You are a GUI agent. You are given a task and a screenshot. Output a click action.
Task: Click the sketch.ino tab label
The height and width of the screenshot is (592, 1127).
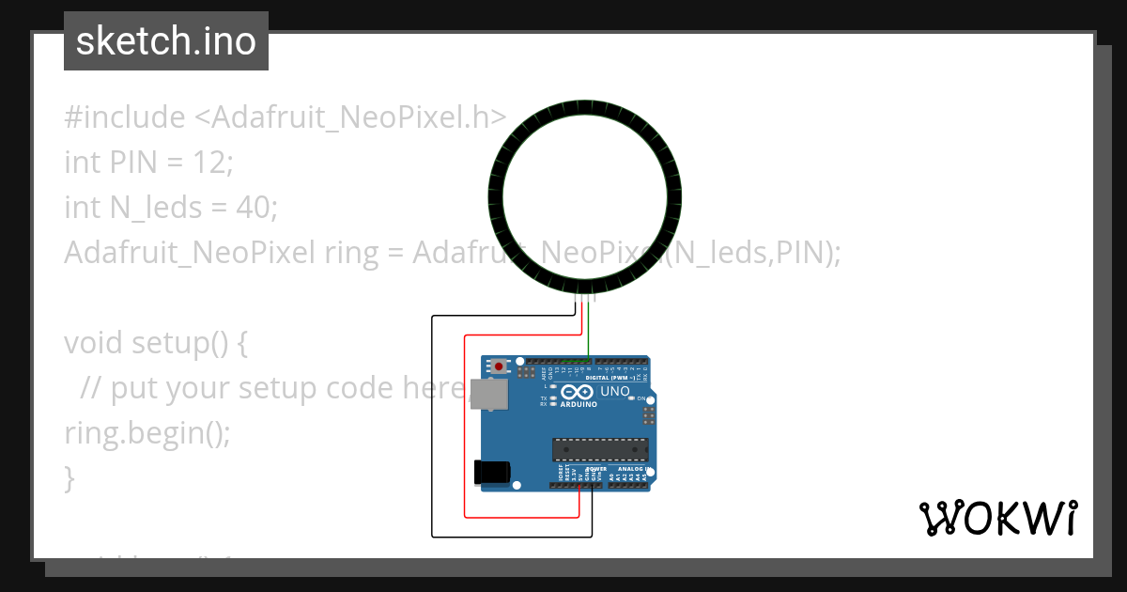(x=166, y=42)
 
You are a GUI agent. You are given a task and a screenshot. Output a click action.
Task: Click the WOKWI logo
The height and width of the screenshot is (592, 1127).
(x=998, y=518)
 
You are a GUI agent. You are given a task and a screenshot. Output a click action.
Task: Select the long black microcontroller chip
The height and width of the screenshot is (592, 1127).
(x=599, y=450)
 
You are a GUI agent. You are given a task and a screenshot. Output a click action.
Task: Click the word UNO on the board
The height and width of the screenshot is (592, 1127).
(x=615, y=391)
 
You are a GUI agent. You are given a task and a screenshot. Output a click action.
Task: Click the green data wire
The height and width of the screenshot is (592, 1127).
(x=589, y=329)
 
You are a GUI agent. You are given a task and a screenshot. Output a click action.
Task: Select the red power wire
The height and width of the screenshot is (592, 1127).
(x=465, y=423)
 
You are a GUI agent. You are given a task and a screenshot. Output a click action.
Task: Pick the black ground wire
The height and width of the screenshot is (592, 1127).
(x=432, y=423)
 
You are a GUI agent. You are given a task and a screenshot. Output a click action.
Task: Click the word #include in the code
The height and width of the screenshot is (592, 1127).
(x=125, y=117)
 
